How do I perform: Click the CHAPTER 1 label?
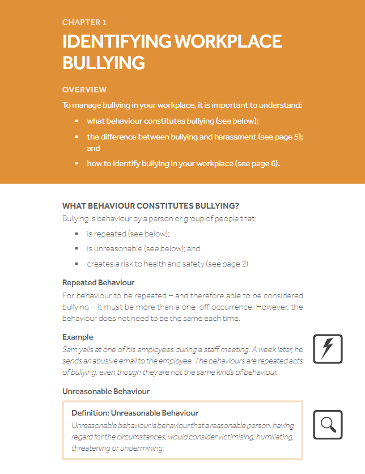[84, 23]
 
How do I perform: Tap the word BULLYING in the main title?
[103, 62]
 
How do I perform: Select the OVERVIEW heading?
[84, 90]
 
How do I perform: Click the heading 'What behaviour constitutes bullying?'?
[151, 205]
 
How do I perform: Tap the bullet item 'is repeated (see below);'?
[128, 234]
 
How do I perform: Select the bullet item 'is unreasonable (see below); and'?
[143, 248]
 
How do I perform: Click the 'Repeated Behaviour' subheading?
[98, 282]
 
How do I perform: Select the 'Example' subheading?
[78, 337]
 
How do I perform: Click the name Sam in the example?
[69, 350]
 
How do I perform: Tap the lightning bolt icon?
[328, 349]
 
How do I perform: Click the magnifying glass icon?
[328, 425]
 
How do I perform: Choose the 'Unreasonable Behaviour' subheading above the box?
[106, 391]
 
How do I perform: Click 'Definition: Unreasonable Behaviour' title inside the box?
[135, 413]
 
